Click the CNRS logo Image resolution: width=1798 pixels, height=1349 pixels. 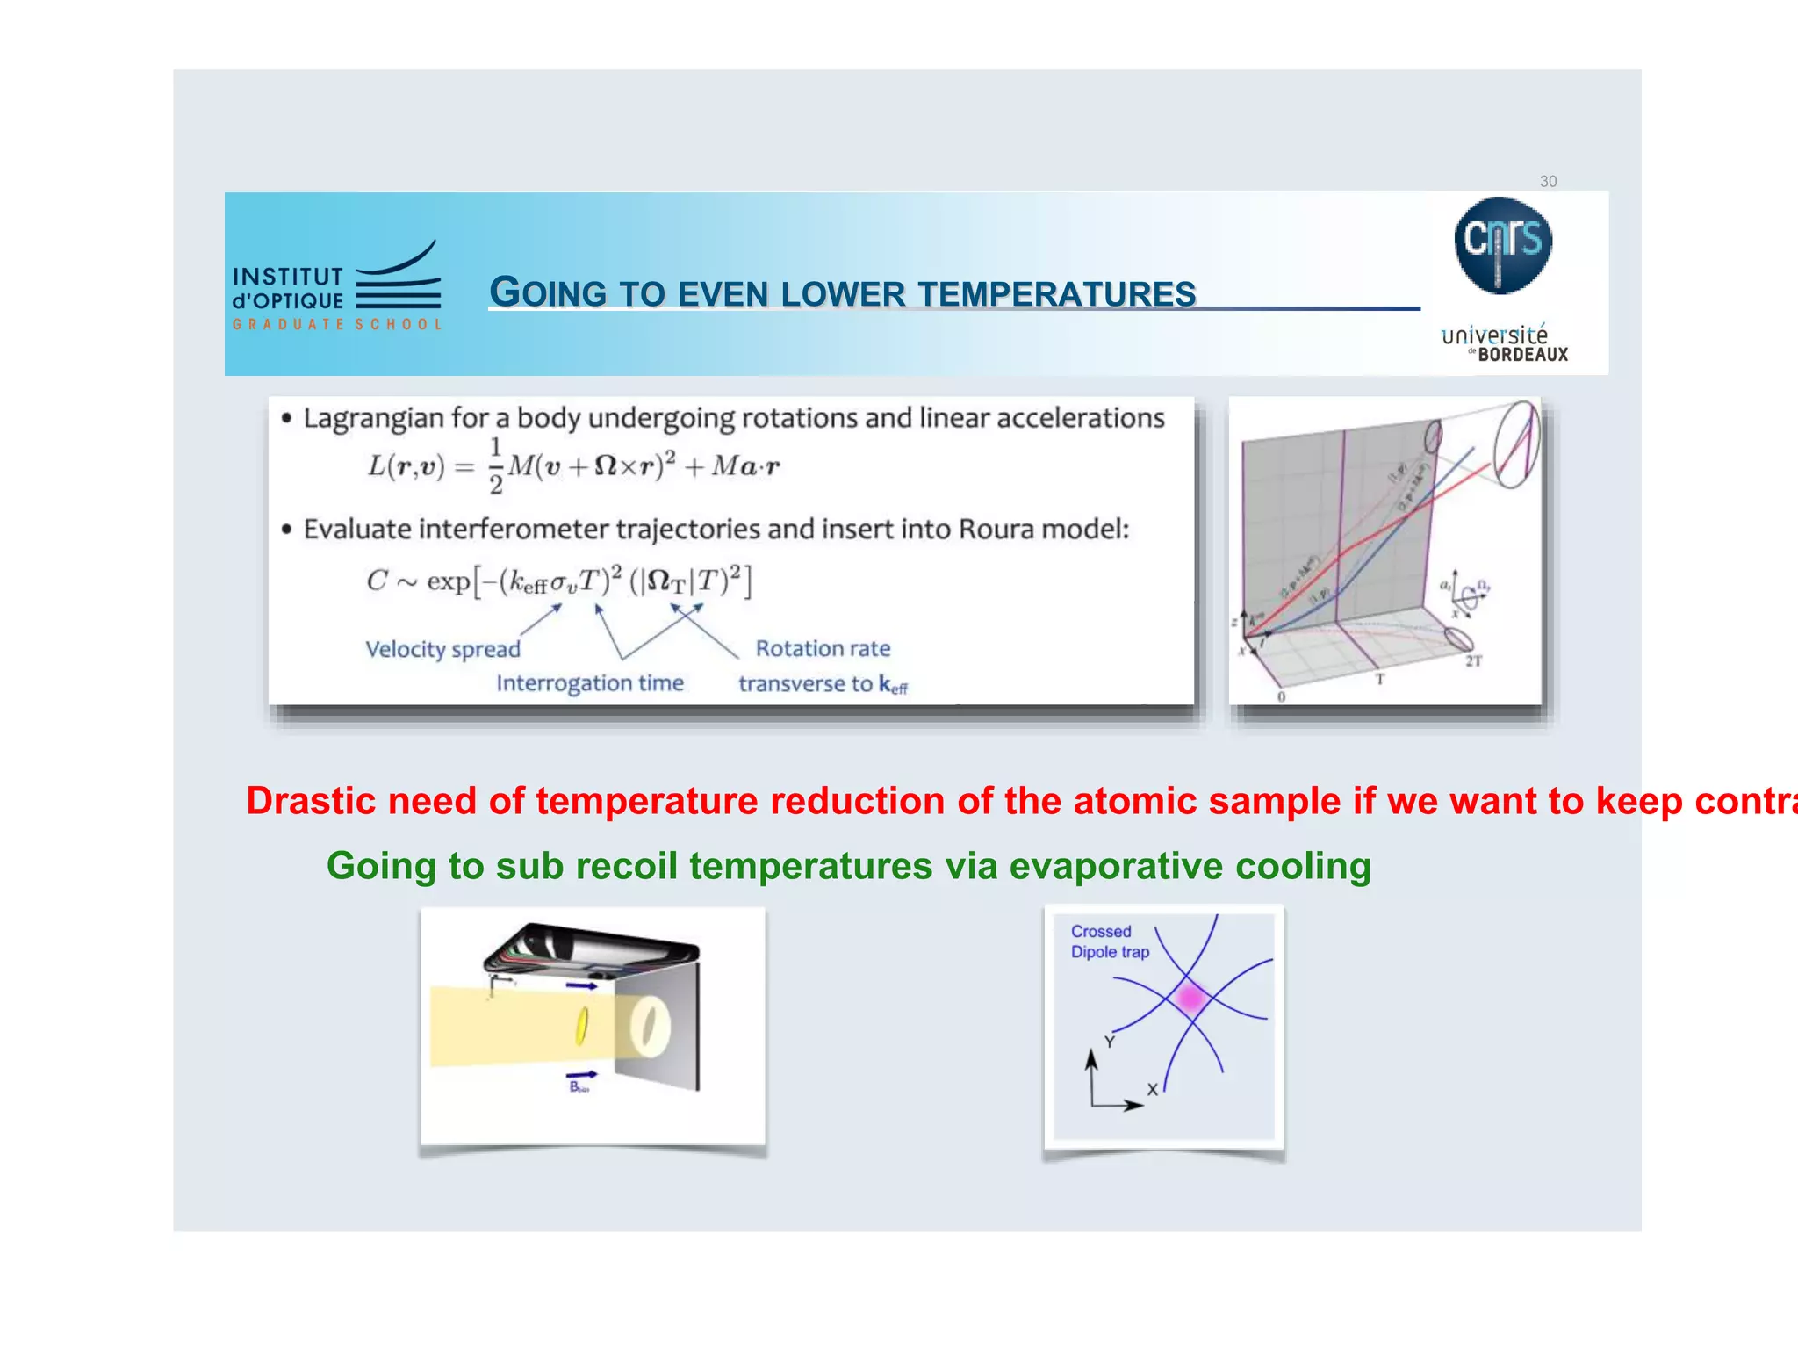tap(1502, 244)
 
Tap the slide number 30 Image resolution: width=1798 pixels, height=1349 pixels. tap(1548, 182)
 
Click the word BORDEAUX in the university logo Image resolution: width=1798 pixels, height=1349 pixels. tap(1522, 355)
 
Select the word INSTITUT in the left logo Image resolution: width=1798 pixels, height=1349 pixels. tap(287, 278)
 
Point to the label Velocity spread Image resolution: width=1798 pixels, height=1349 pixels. tap(442, 649)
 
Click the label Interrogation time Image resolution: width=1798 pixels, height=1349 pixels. tap(589, 683)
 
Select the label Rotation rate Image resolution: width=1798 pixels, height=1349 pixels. tap(823, 648)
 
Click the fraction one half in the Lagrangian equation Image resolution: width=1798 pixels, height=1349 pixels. tap(496, 465)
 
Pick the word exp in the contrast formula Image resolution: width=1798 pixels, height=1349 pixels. tap(448, 581)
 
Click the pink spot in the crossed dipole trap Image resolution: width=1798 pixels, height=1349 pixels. tap(1190, 998)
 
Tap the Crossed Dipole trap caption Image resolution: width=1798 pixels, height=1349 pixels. tap(1109, 941)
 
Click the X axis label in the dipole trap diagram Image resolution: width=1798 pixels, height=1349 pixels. tap(1153, 1090)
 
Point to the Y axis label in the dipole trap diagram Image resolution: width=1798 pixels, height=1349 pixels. tap(1110, 1042)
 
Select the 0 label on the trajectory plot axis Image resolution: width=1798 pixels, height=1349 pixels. tap(1281, 696)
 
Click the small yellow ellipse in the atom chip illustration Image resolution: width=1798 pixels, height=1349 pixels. tap(580, 1026)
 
